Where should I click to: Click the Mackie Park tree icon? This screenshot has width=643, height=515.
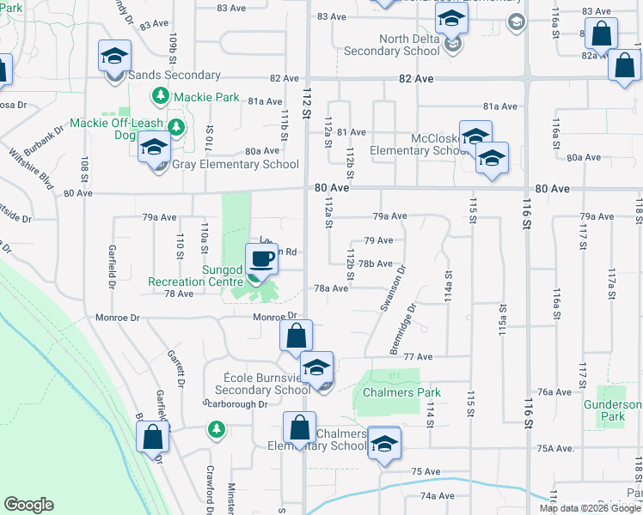click(159, 97)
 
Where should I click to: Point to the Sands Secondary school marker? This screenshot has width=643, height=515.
click(114, 57)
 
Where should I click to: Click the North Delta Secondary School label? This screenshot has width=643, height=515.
click(392, 45)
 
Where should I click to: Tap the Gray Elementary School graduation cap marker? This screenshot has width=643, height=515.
click(155, 148)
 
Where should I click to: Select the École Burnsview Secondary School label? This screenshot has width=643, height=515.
click(255, 384)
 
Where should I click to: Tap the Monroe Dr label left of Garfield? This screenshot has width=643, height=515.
click(122, 318)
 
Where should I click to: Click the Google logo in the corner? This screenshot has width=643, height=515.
click(28, 505)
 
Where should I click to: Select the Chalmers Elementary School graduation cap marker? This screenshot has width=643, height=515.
click(384, 443)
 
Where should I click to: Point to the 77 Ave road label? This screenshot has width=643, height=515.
click(417, 356)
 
